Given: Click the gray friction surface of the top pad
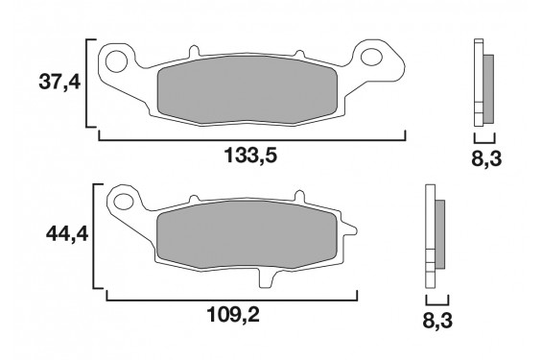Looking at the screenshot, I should (x=247, y=94).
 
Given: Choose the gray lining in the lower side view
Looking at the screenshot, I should (x=441, y=235).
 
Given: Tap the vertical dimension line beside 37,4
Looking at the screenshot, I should (x=88, y=83).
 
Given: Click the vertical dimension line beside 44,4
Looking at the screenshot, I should (x=94, y=235).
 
